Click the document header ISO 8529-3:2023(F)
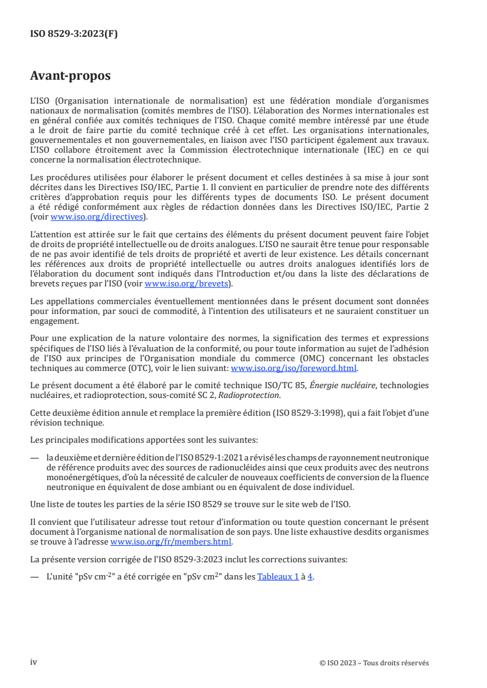coord(74,34)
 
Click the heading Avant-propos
coord(71,76)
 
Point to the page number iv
coord(34,662)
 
